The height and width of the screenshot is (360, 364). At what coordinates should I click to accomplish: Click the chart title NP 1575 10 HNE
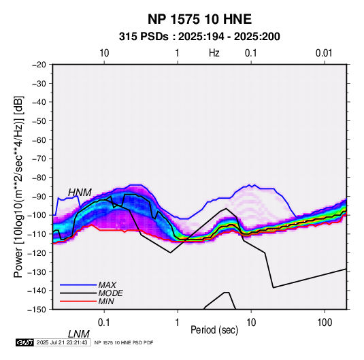[x=199, y=19]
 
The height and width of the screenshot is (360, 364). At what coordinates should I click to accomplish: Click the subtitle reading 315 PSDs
[x=144, y=37]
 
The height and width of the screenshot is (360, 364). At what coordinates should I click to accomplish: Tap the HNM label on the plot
[x=80, y=193]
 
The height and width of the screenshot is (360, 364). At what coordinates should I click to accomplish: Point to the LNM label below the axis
[x=79, y=334]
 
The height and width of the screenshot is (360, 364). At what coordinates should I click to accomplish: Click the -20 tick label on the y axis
[x=39, y=65]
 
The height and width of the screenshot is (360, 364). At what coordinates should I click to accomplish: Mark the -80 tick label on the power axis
[x=39, y=178]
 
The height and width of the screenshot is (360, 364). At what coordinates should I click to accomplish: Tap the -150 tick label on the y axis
[x=37, y=310]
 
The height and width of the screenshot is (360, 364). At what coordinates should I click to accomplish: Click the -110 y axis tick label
[x=37, y=234]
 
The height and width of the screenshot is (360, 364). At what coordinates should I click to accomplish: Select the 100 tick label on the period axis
[x=325, y=323]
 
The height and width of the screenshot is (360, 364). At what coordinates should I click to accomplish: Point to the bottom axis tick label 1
[x=178, y=323]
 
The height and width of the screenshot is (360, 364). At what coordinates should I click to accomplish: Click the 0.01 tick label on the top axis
[x=324, y=53]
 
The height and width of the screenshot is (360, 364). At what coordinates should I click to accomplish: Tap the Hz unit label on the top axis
[x=214, y=53]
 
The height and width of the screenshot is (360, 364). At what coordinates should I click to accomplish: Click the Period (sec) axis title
[x=214, y=330]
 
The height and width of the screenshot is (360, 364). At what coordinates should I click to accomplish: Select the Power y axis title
[x=18, y=187]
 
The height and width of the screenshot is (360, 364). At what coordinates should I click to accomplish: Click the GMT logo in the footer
[x=25, y=342]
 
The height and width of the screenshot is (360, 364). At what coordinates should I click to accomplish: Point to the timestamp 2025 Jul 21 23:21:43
[x=62, y=342]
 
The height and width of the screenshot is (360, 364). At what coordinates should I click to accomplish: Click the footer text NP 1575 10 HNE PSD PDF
[x=124, y=343]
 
